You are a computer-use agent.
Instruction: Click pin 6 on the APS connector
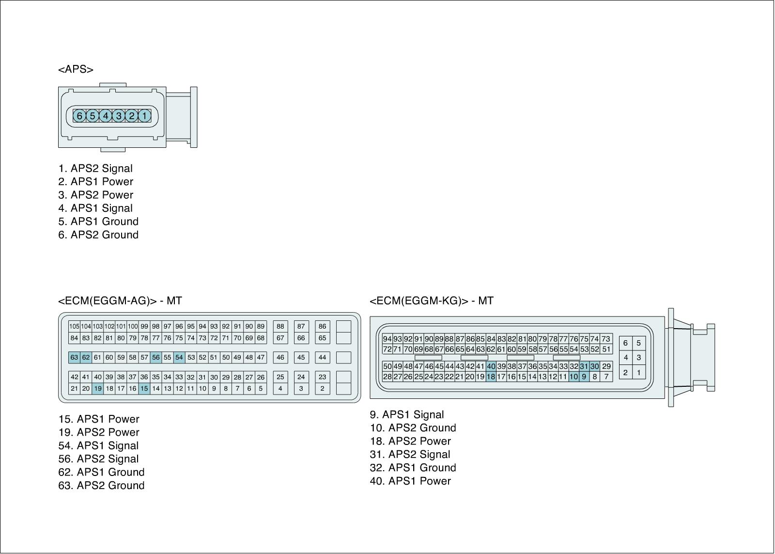(x=79, y=116)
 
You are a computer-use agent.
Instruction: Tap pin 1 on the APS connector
(x=144, y=116)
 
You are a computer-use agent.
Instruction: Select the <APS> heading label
(x=76, y=69)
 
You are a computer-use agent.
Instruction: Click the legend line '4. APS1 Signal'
(x=95, y=208)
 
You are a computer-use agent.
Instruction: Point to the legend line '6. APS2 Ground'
(x=98, y=235)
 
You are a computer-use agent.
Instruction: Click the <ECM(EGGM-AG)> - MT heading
(x=120, y=301)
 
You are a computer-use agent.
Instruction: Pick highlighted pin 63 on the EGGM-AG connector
(x=74, y=358)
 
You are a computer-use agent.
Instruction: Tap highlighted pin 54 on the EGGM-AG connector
(x=179, y=358)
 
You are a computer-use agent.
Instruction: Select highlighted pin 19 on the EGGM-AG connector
(x=98, y=388)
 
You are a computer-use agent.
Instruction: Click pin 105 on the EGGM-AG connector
(x=74, y=327)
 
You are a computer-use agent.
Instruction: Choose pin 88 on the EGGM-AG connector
(x=280, y=327)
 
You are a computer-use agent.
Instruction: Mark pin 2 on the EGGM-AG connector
(x=323, y=388)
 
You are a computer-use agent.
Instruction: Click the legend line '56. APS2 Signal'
(x=98, y=459)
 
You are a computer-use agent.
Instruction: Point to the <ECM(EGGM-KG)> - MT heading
(x=432, y=301)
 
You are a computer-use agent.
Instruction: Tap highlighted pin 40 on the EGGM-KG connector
(x=491, y=366)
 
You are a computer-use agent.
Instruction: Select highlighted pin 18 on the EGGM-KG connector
(x=491, y=377)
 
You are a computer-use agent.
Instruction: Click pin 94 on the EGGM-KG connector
(x=387, y=339)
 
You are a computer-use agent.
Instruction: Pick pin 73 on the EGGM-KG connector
(x=606, y=339)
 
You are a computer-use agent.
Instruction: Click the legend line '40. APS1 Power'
(x=410, y=481)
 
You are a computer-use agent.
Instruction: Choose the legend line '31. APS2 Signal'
(x=410, y=455)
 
